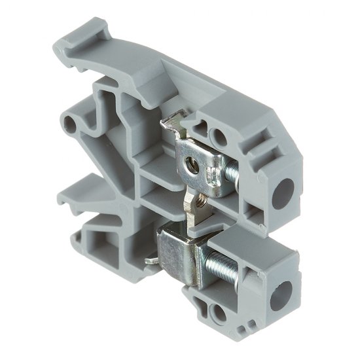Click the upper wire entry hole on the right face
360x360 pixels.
(x=285, y=170)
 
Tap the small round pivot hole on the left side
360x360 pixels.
(x=67, y=122)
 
